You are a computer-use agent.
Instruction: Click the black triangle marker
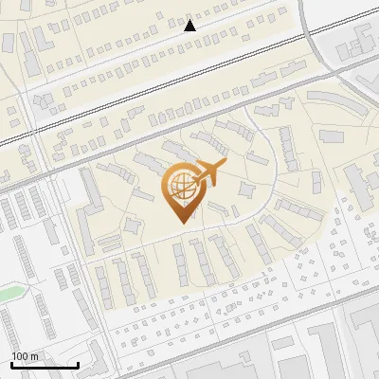click(190, 26)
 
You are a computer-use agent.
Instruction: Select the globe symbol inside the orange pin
click(179, 186)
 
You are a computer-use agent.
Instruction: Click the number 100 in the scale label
click(21, 356)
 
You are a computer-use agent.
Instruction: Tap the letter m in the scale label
click(35, 356)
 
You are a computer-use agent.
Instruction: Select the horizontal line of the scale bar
click(45, 365)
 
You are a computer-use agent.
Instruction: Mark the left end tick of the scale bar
click(11, 363)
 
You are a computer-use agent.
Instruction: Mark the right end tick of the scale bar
click(78, 363)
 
